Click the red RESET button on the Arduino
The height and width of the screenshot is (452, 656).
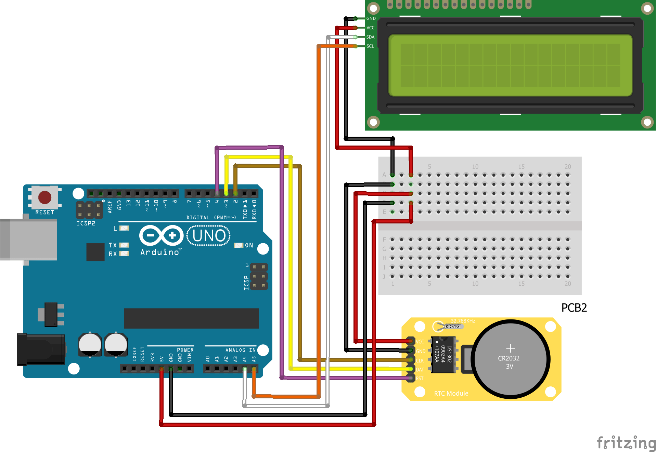pos(45,197)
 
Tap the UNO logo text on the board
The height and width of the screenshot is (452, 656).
pos(209,236)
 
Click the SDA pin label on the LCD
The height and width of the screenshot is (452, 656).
pos(370,37)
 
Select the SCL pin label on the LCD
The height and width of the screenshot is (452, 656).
pos(370,46)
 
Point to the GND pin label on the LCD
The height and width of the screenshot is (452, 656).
pos(371,18)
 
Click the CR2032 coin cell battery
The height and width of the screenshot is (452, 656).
pos(510,359)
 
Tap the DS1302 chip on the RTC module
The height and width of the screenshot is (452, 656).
pos(443,354)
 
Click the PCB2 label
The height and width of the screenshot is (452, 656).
pos(574,308)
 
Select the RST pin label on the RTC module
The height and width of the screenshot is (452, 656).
pos(420,379)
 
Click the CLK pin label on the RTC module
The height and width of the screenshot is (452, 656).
pos(420,360)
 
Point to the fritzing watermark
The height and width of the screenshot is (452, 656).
pos(626,443)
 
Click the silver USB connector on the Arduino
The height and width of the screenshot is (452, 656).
pos(29,239)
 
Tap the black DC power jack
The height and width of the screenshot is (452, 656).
pos(41,350)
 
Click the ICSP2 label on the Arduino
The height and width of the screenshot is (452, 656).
pos(86,223)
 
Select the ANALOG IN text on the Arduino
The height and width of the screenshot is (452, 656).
pos(240,350)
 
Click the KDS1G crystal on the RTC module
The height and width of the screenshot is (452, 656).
pos(452,326)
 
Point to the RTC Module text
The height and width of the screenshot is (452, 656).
pos(451,393)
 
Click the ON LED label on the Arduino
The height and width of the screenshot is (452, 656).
pos(249,245)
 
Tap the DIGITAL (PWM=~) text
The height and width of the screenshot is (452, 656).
pos(211,217)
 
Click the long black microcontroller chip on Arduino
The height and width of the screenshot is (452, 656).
pos(191,318)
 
